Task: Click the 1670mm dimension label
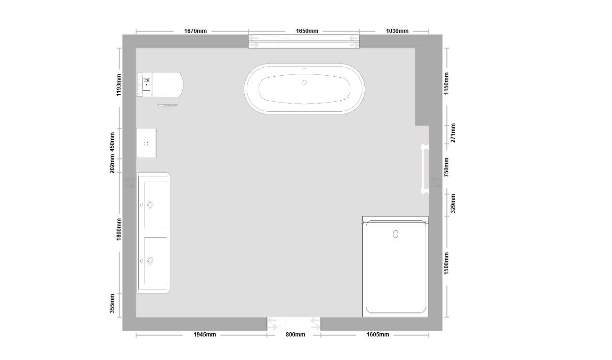click(195, 31)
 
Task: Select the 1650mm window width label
click(307, 31)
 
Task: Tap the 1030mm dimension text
click(397, 31)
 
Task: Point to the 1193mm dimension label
click(119, 85)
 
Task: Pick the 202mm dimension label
click(112, 164)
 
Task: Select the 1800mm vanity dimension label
click(119, 229)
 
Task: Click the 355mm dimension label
click(112, 304)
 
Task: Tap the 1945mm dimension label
click(205, 334)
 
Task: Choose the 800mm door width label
click(295, 334)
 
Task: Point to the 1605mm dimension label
click(378, 334)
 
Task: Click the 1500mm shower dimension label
click(446, 264)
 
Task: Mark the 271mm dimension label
click(453, 133)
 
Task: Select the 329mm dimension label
click(453, 203)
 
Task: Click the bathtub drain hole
click(305, 82)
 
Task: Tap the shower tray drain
click(395, 234)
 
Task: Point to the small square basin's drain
click(146, 144)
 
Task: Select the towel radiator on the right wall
click(425, 169)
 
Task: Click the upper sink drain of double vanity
click(150, 205)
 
